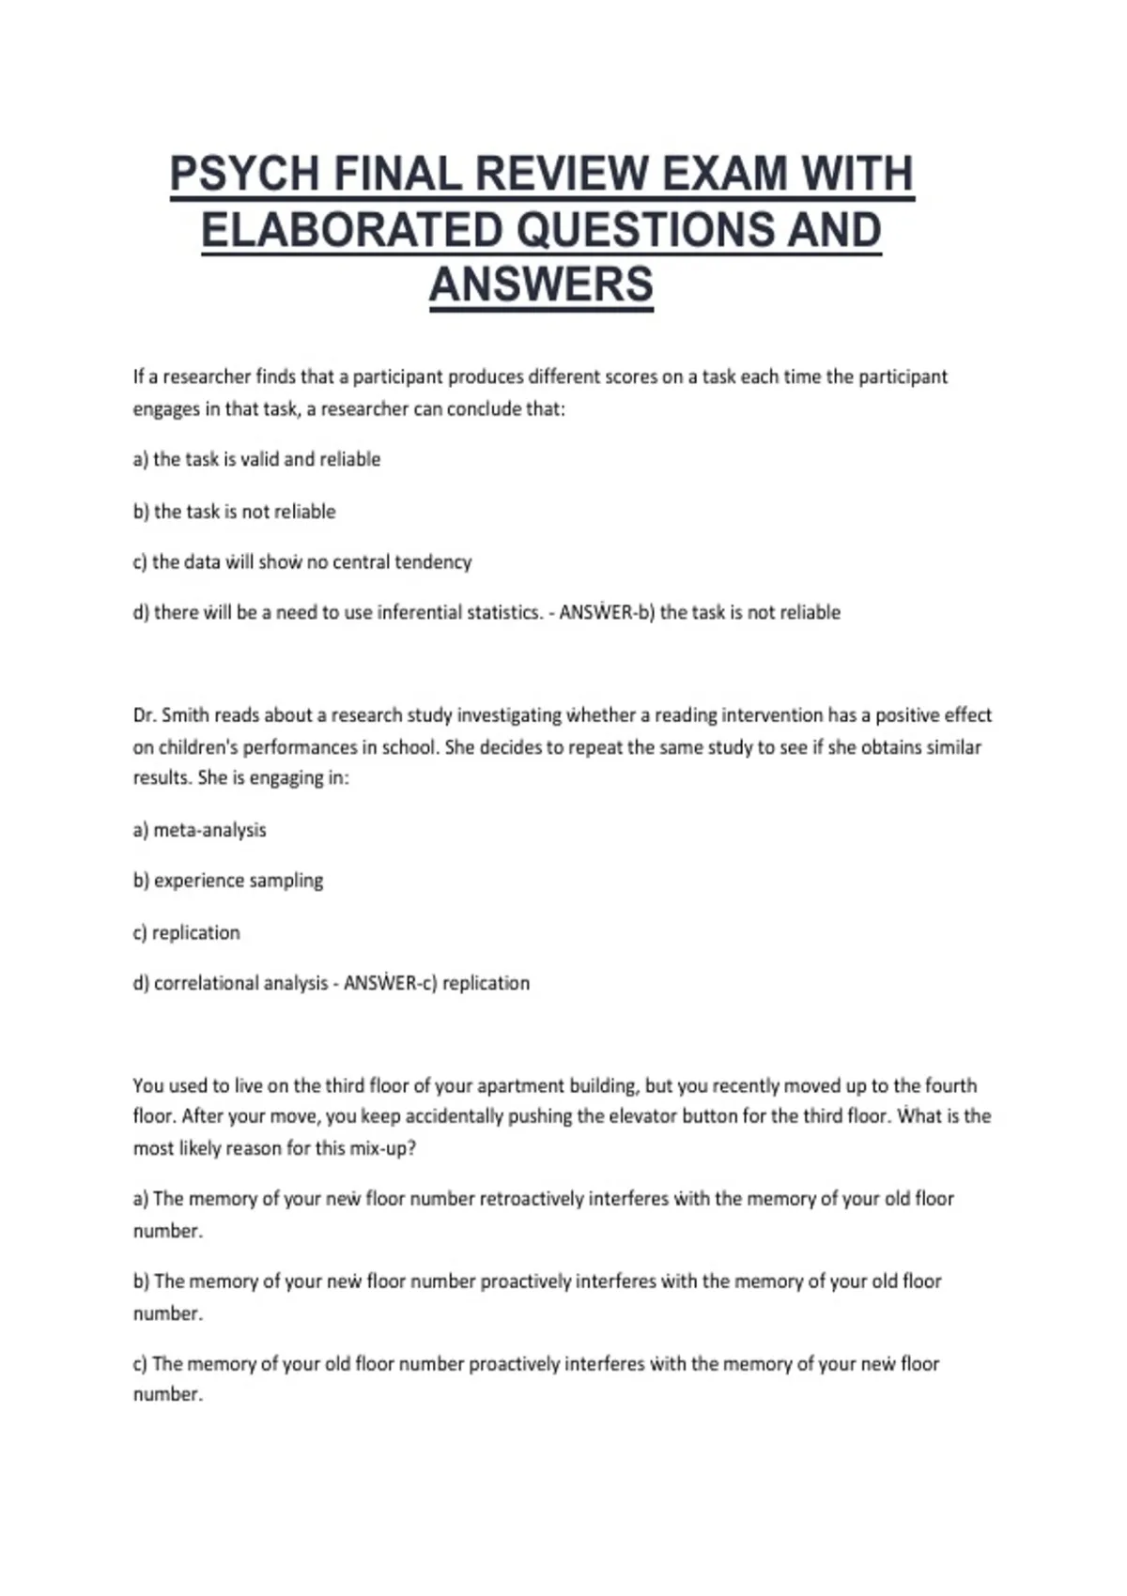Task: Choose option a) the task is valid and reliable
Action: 256,459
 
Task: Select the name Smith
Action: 185,715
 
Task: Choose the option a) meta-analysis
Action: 200,830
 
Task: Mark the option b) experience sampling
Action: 228,881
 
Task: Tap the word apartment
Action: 516,1085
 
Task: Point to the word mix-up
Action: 382,1148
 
